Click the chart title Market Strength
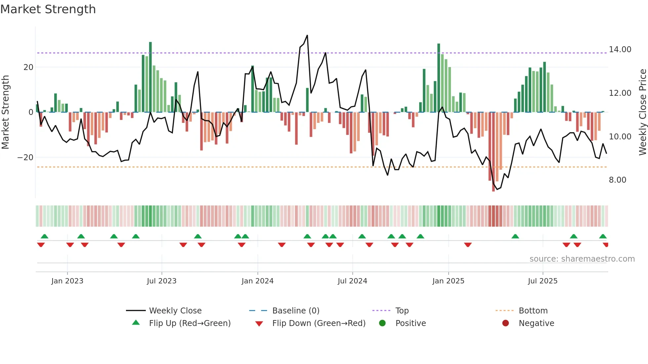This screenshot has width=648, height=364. coord(48,9)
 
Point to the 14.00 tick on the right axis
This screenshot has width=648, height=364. coord(620,50)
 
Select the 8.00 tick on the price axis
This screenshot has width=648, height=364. coord(617,180)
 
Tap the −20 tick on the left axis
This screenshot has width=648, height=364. coord(25,158)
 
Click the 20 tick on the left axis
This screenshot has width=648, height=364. coord(28,67)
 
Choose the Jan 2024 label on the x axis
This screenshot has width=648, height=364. coord(258,281)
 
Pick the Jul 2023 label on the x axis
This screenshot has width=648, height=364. coord(162,281)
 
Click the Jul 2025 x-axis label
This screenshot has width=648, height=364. coord(543,281)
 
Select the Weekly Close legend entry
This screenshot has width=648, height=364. coord(175,311)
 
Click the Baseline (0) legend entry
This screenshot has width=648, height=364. coord(296,311)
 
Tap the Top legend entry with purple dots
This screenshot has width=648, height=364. coord(402,311)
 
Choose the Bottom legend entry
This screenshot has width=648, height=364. coord(533,311)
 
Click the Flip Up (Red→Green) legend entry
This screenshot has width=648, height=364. coord(189,323)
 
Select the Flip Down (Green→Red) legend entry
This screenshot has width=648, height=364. coord(319,323)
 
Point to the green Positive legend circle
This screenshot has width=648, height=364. coord(383,323)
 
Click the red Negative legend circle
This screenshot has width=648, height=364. coord(506,323)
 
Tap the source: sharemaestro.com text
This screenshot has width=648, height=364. coord(582,259)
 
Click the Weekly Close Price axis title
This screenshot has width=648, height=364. coord(642,112)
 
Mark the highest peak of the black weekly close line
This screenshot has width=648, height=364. coord(307,35)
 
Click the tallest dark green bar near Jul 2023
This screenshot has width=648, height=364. coord(150,76)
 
